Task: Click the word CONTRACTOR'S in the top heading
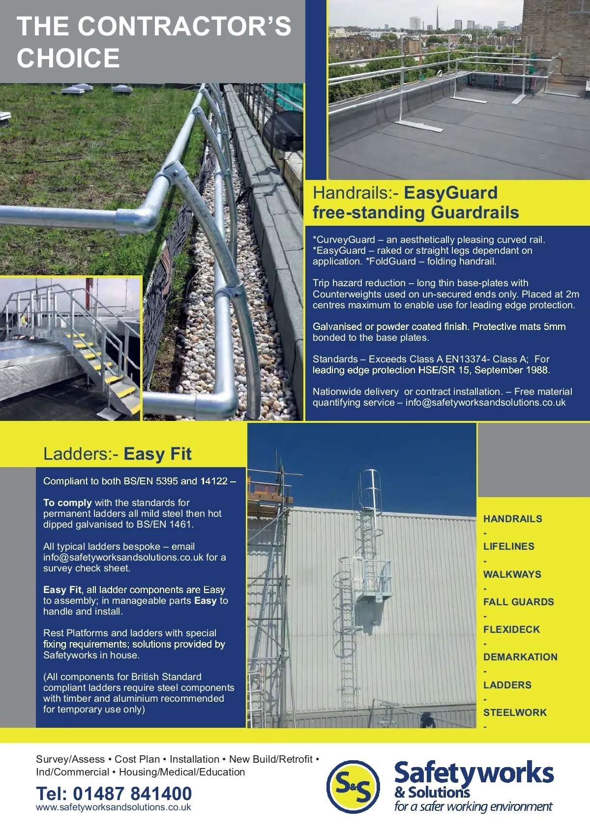[184, 26]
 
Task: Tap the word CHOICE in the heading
[68, 58]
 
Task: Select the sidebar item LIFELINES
[508, 546]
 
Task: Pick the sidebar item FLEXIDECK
[511, 629]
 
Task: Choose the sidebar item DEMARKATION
[520, 657]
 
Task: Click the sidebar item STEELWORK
[515, 713]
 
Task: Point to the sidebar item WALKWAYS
[512, 574]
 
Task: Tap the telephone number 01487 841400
[132, 793]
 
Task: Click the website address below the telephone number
[114, 807]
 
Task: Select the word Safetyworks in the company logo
[474, 773]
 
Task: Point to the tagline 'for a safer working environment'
[473, 806]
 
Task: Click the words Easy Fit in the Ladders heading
[157, 454]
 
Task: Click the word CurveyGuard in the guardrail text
[346, 240]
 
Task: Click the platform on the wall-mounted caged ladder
[373, 594]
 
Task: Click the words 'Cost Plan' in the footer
[137, 759]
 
